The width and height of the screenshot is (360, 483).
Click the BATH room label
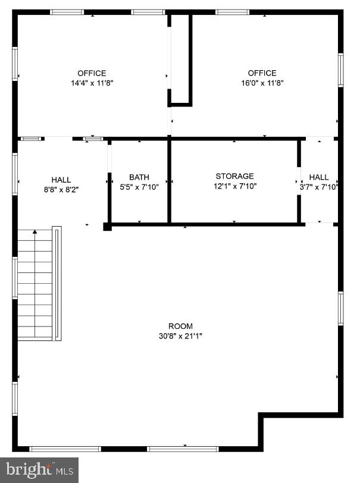point(139,177)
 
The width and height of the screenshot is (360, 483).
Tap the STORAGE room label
point(234,176)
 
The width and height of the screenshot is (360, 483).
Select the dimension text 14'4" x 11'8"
point(92,83)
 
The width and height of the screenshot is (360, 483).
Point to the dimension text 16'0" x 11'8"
point(262,83)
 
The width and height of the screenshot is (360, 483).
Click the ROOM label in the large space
point(180,326)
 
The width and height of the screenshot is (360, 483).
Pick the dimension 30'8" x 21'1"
point(180,335)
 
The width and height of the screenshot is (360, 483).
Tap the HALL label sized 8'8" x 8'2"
point(61,180)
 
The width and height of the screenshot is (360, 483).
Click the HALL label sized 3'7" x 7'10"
point(319,177)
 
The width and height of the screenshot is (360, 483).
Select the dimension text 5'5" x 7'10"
point(139,186)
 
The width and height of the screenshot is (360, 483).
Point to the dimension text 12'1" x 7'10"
point(234,186)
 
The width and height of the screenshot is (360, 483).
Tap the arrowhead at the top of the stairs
point(35,231)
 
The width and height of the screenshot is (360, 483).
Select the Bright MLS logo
point(39,469)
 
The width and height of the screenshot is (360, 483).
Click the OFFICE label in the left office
point(92,73)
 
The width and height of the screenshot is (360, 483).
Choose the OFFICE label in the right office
point(262,73)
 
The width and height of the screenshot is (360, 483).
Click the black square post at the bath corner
point(107,226)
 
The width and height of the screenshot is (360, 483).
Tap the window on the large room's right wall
point(341,308)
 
